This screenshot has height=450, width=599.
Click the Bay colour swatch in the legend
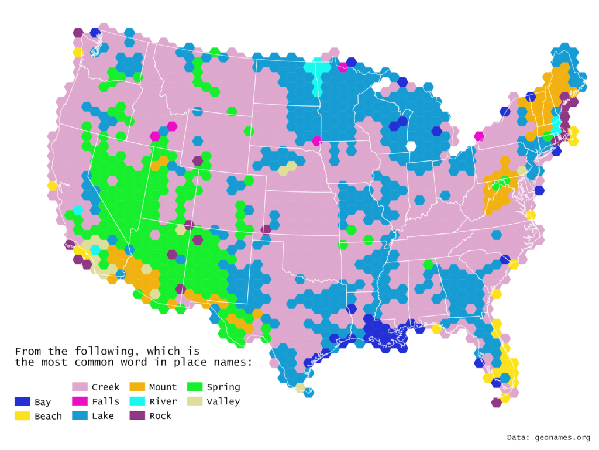[x=23, y=401]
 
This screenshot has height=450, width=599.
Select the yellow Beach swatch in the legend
[x=23, y=416]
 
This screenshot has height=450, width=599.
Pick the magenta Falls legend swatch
[x=80, y=401]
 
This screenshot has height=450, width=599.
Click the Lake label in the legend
[x=103, y=415]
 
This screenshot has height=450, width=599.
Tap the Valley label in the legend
[x=223, y=401]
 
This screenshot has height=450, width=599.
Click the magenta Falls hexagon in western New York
[x=479, y=136]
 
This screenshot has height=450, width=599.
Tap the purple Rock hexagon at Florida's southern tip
[x=496, y=402]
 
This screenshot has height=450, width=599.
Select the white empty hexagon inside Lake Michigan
[x=411, y=146]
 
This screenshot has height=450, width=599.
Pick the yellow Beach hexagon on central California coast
[x=52, y=186]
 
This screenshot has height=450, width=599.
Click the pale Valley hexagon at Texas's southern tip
[x=300, y=387]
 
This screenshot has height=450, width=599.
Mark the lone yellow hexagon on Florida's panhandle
[x=436, y=329]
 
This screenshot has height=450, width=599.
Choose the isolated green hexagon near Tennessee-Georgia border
[x=428, y=264]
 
